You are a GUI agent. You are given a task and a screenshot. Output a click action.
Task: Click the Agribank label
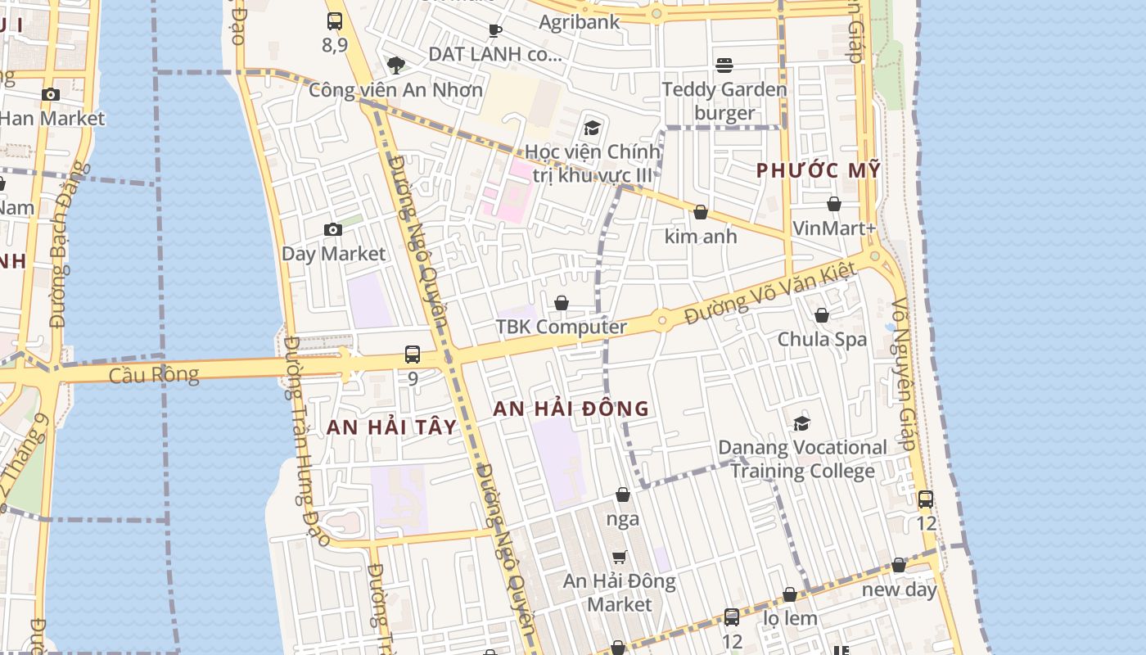(579, 22)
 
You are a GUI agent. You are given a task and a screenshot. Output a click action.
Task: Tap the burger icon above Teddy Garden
(724, 65)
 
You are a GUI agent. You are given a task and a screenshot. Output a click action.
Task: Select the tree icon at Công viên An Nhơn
(395, 65)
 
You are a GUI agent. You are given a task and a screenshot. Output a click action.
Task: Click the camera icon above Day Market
(332, 229)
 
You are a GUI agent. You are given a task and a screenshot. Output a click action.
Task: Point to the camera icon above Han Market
(51, 94)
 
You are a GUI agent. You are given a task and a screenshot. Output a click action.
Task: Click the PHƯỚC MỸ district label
(818, 170)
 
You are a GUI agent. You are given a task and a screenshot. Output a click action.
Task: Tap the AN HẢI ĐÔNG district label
(571, 408)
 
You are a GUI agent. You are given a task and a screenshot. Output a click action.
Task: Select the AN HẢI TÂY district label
(391, 427)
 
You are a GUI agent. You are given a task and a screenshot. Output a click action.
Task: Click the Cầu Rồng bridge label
(154, 375)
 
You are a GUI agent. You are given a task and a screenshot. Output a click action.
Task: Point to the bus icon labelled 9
(413, 355)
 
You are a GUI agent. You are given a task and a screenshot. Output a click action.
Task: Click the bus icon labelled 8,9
(334, 21)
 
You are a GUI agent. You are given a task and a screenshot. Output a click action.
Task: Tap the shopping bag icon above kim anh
(700, 212)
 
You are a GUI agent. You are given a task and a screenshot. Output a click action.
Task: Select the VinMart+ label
(834, 228)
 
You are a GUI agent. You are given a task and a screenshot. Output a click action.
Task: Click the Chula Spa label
(822, 339)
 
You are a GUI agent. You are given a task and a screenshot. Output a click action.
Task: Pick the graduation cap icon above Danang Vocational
(801, 423)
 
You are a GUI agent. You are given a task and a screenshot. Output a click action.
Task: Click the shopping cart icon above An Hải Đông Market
(620, 558)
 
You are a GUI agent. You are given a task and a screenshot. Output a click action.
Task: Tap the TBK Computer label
(561, 327)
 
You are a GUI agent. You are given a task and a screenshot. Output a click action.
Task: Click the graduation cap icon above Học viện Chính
(592, 128)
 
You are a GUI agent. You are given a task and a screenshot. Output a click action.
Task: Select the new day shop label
(899, 589)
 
